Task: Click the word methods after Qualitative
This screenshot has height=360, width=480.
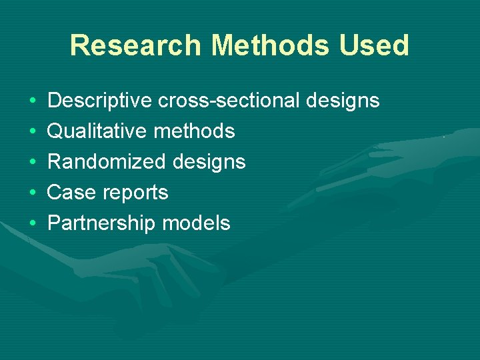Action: tap(194, 131)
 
